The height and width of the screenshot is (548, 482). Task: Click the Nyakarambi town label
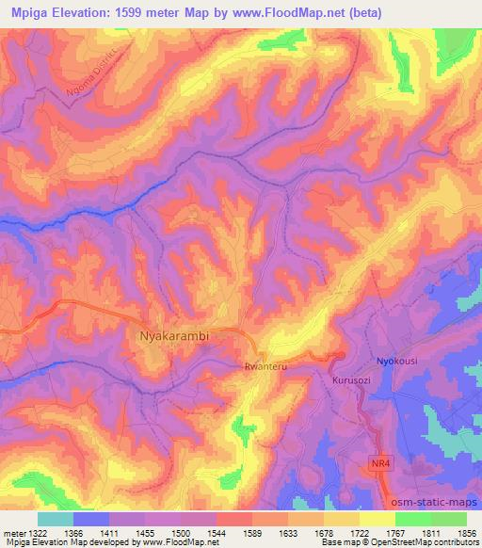(x=180, y=334)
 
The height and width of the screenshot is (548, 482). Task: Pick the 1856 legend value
(x=466, y=533)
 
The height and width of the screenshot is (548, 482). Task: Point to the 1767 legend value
(x=395, y=533)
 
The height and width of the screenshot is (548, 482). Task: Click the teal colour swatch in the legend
(x=56, y=519)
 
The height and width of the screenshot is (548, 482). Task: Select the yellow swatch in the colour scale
(x=378, y=519)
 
